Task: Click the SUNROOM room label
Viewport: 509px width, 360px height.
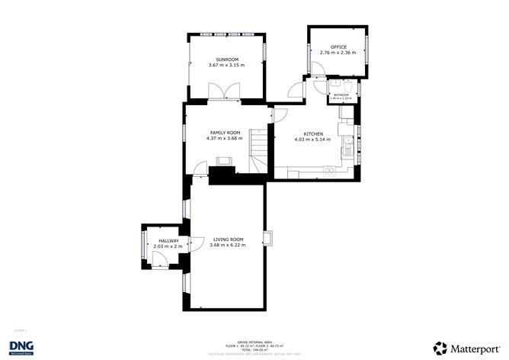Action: [228, 59]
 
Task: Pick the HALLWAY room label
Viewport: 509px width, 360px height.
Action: [168, 241]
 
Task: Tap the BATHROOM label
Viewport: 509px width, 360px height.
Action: [341, 95]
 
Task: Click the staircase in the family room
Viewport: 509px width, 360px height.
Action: [260, 148]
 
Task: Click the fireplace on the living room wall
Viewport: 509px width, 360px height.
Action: [267, 238]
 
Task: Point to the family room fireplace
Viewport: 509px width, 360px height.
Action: [225, 162]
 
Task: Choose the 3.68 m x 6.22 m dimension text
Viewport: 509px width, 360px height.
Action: [227, 246]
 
